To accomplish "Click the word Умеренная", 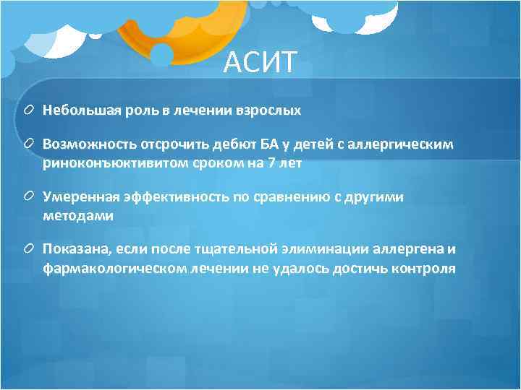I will pyautogui.click(x=75, y=196).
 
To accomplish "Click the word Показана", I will pyautogui.click(x=72, y=250).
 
